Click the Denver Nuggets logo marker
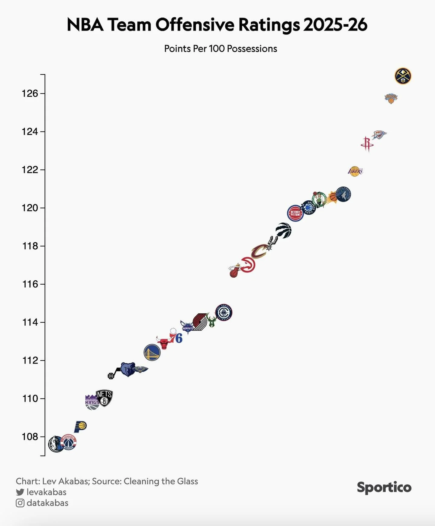pos(403,76)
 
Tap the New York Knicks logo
pos(391,98)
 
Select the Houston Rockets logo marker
pos(367,144)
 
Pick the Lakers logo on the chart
pos(355,171)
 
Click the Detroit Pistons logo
pos(295,213)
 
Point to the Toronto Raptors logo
pos(284,231)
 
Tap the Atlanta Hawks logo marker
pos(248,265)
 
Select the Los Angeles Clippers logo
pos(224,312)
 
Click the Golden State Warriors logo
pos(152,352)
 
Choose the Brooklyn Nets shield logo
pos(104,398)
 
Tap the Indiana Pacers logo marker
pos(80,426)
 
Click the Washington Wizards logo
pos(69,442)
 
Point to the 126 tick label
pos(30,93)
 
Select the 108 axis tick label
pos(30,437)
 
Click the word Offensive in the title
pos(195,24)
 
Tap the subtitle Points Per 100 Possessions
pos(221,49)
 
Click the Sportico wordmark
pos(384,487)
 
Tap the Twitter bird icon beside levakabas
pos(20,492)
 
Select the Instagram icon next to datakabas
pos(20,503)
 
